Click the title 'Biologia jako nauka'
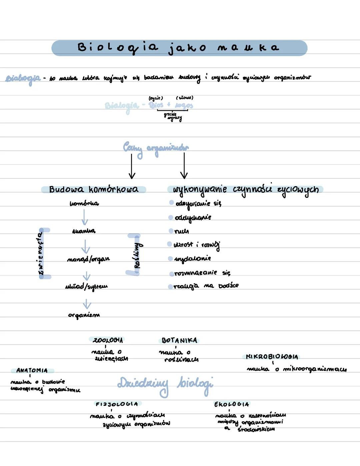(179, 48)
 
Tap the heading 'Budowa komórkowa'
(93, 189)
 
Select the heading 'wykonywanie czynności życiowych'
(245, 189)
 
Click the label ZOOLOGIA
(108, 340)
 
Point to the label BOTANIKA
(179, 341)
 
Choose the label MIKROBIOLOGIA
(272, 357)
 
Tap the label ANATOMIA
(32, 370)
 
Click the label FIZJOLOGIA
(117, 404)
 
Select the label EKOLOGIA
(232, 404)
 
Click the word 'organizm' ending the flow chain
(84, 315)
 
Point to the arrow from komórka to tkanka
(85, 217)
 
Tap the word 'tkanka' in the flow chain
(84, 231)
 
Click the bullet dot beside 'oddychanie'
(171, 217)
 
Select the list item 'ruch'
(182, 231)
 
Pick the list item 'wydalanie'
(192, 259)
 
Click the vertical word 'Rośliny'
(137, 255)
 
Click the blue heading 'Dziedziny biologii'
(165, 385)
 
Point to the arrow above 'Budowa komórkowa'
(132, 166)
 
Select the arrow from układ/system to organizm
(87, 304)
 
